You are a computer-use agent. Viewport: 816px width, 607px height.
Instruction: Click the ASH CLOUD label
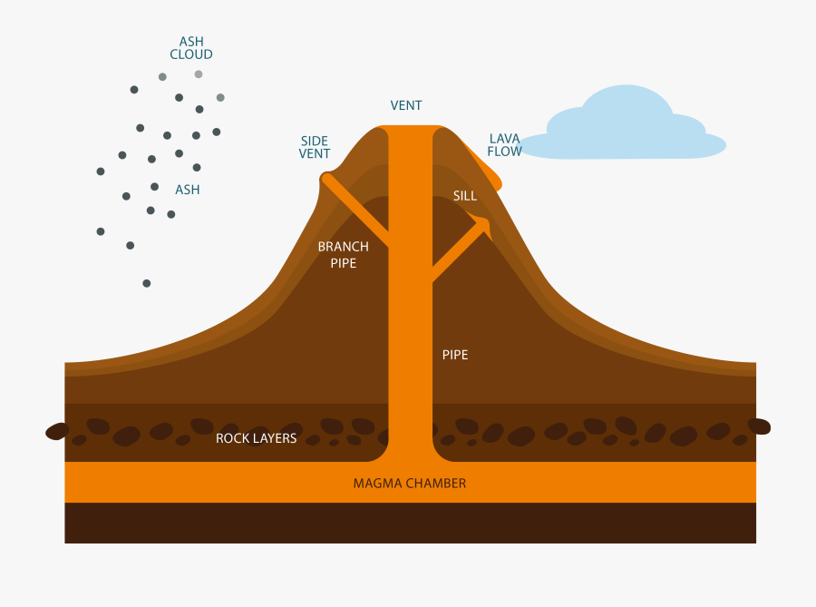point(191,48)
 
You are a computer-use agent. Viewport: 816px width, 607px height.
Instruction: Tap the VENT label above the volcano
point(406,105)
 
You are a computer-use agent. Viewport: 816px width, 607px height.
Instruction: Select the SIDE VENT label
point(315,147)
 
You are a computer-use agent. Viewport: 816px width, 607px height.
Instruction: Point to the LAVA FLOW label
point(505,145)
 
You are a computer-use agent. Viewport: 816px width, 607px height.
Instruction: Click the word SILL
point(465,195)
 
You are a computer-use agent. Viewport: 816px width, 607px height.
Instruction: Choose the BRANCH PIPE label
point(343,255)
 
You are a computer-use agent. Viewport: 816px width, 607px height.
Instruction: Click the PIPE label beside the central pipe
point(455,355)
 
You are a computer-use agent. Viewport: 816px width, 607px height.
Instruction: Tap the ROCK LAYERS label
point(256,438)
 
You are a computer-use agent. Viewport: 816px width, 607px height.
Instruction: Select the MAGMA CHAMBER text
point(410,484)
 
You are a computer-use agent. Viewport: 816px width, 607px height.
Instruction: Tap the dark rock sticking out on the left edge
point(57,431)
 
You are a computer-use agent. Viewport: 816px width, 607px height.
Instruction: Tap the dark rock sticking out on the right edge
point(759,426)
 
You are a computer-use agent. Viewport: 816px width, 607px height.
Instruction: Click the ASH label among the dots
point(188,190)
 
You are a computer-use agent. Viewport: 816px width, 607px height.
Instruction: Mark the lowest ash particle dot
point(147,283)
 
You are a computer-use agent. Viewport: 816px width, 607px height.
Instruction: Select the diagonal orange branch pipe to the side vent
point(357,211)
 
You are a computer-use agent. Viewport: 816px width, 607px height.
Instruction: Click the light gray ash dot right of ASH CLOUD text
point(220,97)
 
